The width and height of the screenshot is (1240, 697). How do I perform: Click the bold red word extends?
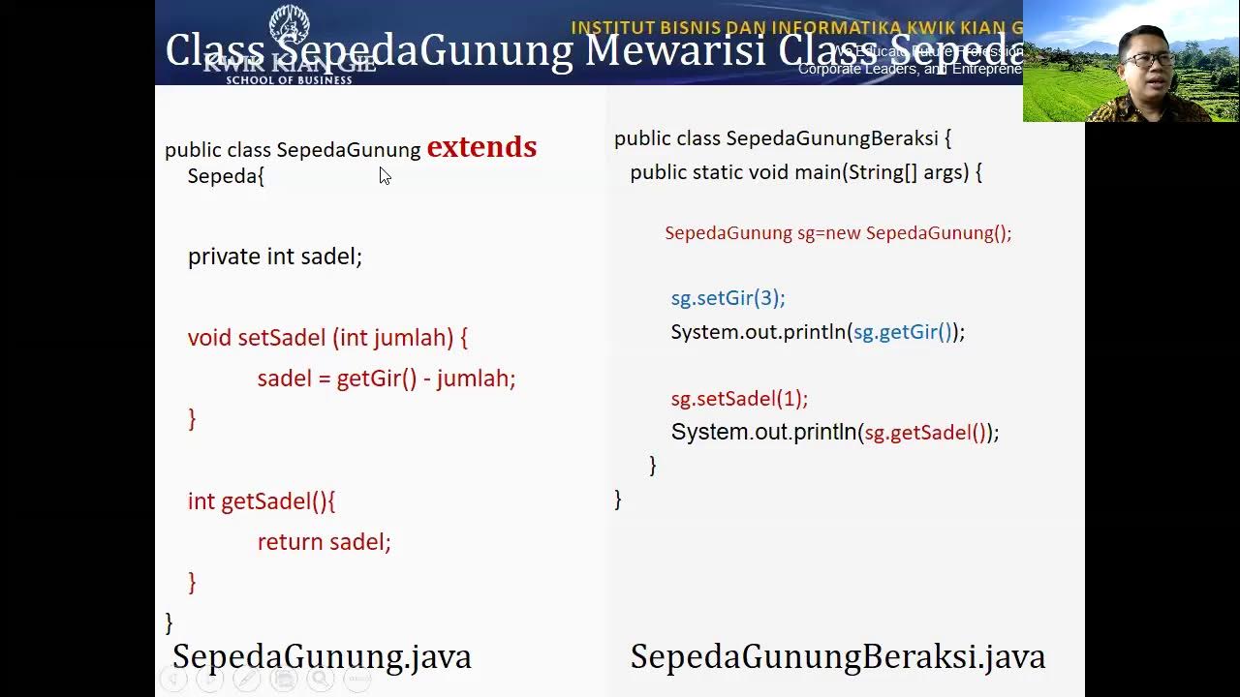point(481,147)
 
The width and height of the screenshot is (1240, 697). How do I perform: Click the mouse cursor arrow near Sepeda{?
point(385,175)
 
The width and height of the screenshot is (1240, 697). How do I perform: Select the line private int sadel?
point(274,257)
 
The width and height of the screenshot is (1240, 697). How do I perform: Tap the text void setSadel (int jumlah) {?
point(327,338)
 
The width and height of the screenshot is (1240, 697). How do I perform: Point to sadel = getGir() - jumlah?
point(386,379)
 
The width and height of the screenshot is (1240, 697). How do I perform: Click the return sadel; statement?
point(324,542)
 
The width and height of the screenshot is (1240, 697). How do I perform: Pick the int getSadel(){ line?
point(261,501)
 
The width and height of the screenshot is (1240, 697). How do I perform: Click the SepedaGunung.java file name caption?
point(322,656)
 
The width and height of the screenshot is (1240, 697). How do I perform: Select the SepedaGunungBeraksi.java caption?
point(837,656)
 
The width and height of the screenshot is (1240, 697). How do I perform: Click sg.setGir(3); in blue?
point(728,298)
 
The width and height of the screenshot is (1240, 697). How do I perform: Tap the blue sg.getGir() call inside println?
point(902,332)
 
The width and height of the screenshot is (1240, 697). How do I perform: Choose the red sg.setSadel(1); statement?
point(739,399)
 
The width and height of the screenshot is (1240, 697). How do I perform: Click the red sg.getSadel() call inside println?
point(924,433)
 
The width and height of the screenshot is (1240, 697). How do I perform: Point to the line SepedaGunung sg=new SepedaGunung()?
point(837,233)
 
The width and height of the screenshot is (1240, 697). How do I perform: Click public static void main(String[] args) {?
point(805,172)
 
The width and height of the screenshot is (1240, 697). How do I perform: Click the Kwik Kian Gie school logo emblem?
point(288,27)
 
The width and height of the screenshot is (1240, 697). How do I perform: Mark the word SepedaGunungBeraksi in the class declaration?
point(831,138)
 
